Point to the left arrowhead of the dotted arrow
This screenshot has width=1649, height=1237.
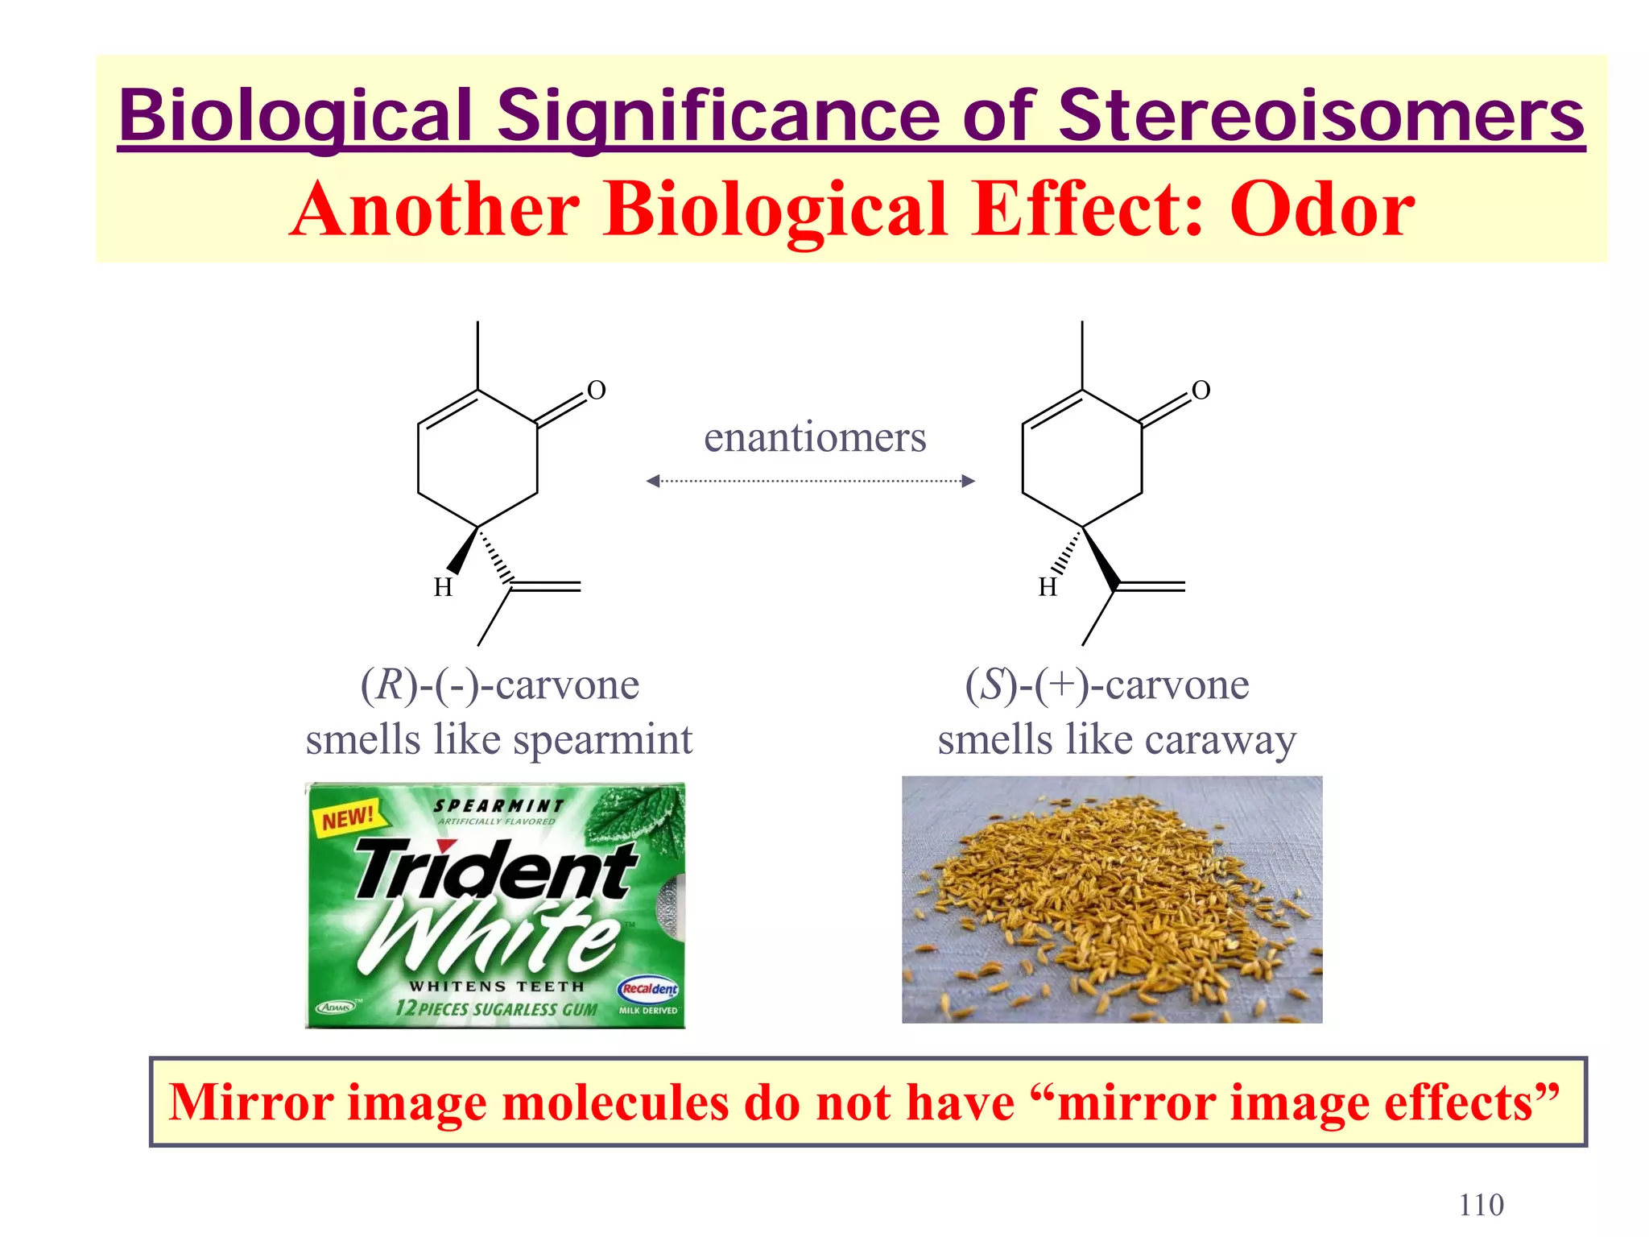pos(653,481)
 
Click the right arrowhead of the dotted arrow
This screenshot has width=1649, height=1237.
pos(969,481)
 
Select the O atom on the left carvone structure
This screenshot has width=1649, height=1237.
pos(596,391)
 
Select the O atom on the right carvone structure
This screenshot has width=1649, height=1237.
pos(1201,391)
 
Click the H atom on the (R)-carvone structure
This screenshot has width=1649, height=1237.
pos(443,588)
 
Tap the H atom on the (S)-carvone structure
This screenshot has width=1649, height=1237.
pos(1047,588)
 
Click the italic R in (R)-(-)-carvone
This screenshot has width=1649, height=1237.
pos(389,685)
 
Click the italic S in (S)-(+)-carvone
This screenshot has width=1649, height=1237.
pos(994,685)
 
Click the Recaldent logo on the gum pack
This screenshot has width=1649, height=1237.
pos(649,988)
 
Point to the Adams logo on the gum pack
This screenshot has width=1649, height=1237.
pos(336,1007)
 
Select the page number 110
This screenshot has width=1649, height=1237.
pos(1481,1205)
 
